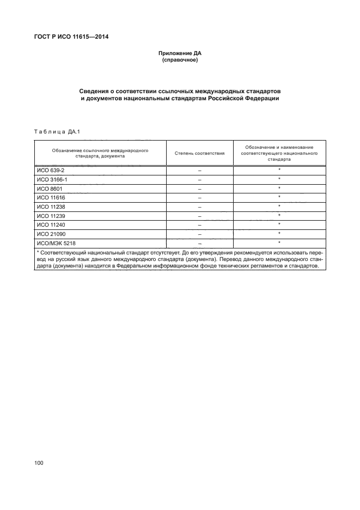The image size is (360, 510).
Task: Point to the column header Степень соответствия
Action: tap(200, 153)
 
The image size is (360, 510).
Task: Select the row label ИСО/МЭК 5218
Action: tap(55, 243)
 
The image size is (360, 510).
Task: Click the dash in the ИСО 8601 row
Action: tap(200, 189)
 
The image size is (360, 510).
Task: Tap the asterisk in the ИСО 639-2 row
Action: tap(279, 170)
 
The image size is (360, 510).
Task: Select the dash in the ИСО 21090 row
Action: tap(200, 234)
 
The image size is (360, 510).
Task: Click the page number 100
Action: tap(39, 463)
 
